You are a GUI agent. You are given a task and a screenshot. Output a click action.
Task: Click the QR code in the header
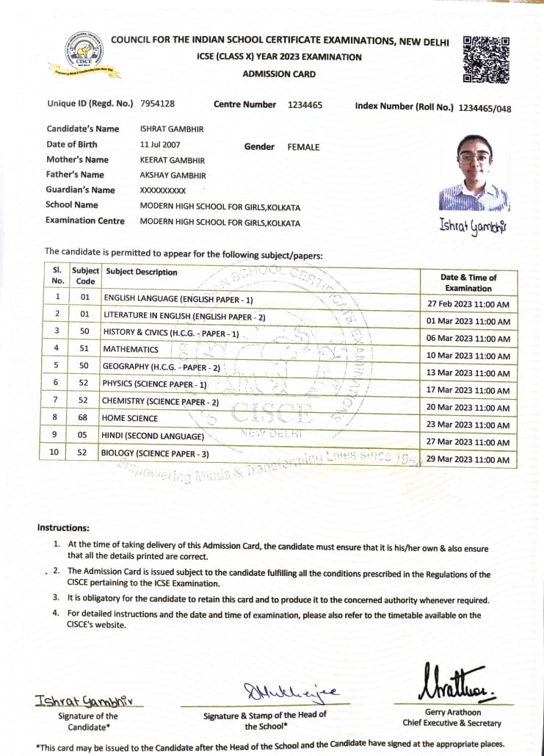pos(487,59)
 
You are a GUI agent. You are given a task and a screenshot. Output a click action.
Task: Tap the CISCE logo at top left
pos(84,54)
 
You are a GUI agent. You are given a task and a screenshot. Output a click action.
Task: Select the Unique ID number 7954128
pos(157,104)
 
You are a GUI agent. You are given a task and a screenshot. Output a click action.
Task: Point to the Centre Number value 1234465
pos(305,105)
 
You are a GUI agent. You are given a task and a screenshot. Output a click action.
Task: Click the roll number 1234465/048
pos(485,109)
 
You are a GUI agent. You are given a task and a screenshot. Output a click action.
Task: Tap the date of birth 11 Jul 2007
pos(160,145)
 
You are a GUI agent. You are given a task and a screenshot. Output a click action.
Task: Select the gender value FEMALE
pos(303,147)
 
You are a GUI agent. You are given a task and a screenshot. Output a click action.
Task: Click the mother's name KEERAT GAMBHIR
pos(173,160)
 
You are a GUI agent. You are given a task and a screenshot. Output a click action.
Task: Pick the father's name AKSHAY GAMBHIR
pos(173,176)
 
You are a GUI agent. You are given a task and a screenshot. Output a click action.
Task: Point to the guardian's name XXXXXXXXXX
pos(163,191)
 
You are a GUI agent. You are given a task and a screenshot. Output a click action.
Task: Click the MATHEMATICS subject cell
pos(131,350)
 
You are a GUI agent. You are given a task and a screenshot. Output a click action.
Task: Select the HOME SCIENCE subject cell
pos(130,418)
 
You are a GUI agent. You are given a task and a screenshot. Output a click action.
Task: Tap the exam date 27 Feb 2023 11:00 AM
pos(468,304)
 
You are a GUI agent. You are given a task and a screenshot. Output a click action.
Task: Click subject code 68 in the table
pos(84,418)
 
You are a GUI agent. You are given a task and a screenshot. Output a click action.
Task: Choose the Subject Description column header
pos(140,272)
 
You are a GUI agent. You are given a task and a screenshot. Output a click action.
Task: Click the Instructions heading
pos(63,528)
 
